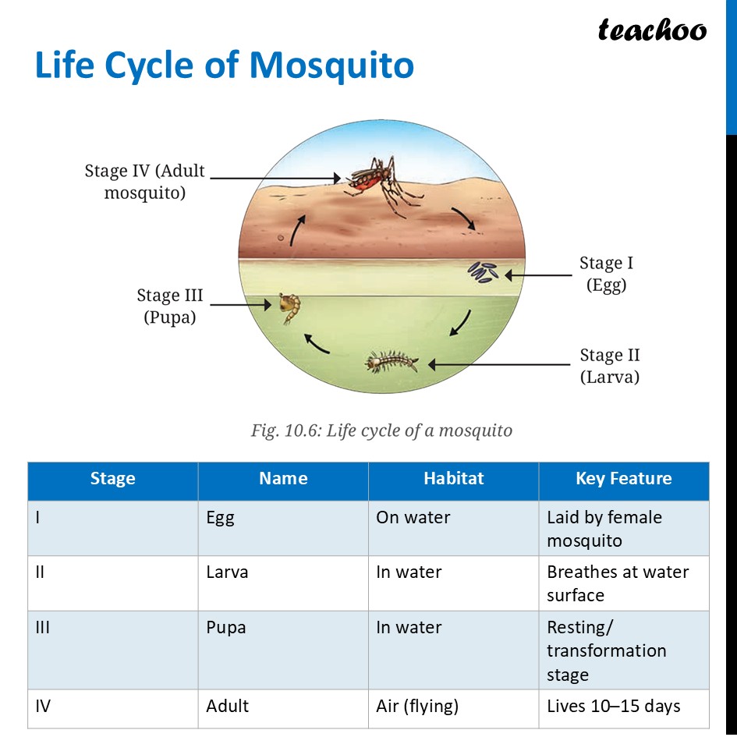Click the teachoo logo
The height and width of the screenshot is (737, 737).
point(652,30)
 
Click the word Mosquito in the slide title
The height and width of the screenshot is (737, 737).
point(331,67)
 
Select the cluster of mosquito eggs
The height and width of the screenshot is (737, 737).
point(484,272)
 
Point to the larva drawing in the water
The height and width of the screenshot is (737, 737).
point(392,363)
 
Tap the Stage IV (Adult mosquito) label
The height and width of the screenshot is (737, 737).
point(145,181)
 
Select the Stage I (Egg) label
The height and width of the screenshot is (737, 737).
point(606,274)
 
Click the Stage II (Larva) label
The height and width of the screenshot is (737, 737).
point(609,366)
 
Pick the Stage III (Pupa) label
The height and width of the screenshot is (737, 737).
point(169,306)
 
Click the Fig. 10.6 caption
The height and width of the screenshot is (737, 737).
point(381,430)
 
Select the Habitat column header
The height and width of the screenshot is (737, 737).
point(453,479)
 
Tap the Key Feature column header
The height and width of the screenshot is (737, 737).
point(623,479)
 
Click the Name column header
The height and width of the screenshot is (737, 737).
point(283,479)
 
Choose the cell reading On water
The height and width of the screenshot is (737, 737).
point(413,518)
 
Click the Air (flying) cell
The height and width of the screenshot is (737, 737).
point(417,707)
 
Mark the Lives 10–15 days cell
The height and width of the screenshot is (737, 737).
point(613,707)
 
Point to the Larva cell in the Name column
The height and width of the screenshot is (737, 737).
point(227,572)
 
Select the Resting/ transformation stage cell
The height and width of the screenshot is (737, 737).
point(606,650)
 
